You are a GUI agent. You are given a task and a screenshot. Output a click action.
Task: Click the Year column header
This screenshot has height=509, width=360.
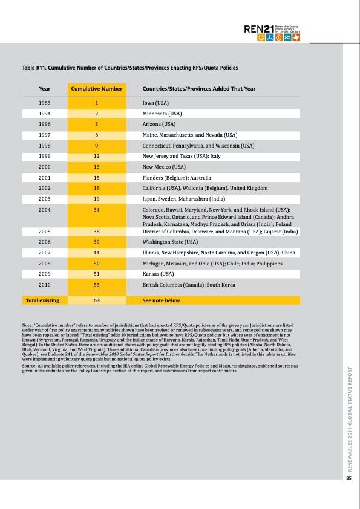(44, 89)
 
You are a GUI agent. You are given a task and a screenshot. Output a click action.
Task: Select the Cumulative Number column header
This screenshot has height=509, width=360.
(97, 89)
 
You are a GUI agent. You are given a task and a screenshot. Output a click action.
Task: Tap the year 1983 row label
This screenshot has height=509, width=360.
(44, 103)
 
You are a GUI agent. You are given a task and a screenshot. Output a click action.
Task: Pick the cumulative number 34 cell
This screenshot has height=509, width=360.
(97, 210)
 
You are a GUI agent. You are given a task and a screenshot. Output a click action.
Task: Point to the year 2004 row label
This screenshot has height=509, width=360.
(44, 210)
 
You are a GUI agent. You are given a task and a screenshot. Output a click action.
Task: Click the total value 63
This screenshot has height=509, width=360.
(97, 300)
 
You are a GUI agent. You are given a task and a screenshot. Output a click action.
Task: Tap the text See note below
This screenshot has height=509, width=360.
(161, 300)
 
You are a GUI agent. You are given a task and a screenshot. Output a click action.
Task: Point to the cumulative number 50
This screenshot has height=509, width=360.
(97, 262)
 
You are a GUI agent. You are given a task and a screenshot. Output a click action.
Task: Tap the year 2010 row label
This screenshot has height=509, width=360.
(44, 284)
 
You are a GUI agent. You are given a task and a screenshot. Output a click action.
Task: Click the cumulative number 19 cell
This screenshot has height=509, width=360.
(97, 198)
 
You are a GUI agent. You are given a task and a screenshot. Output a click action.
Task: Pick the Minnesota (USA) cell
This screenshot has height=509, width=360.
(162, 114)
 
